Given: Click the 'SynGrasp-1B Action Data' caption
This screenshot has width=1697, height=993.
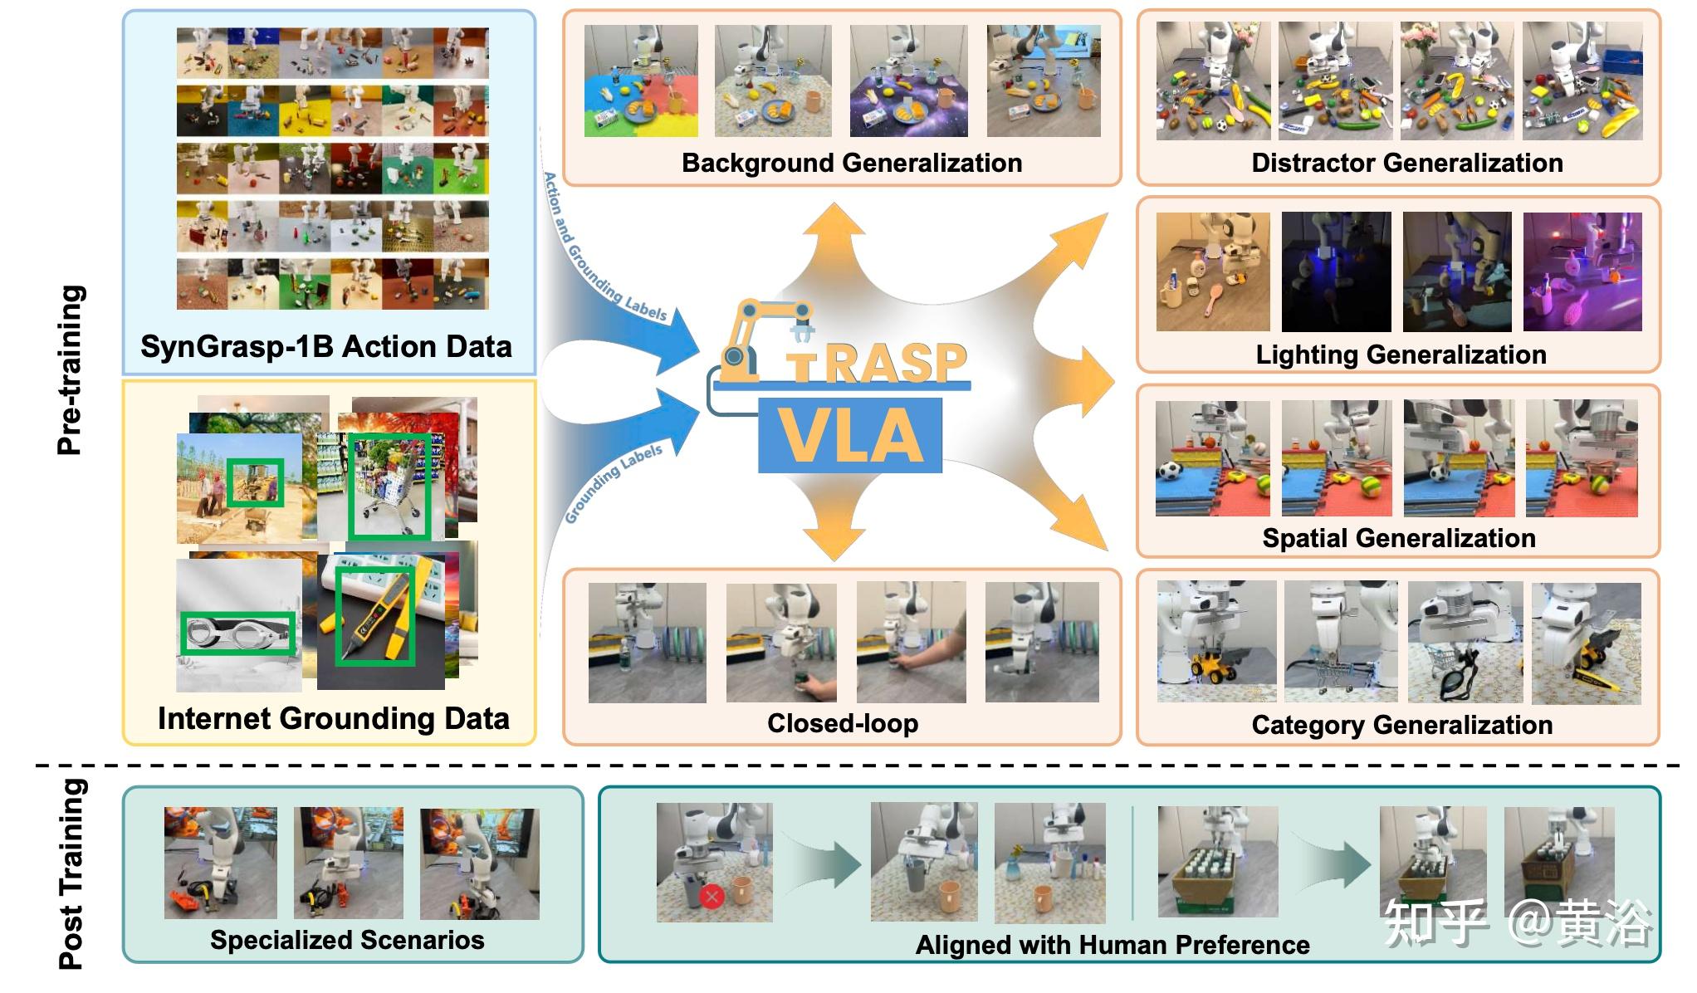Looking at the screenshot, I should [x=326, y=346].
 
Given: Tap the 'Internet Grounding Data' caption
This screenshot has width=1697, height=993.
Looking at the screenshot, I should [x=333, y=718].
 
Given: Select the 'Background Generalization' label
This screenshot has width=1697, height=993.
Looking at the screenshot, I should [x=852, y=163].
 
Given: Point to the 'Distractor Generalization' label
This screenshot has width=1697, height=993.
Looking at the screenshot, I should [x=1407, y=163].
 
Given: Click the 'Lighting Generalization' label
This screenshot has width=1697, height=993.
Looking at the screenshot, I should [x=1401, y=355].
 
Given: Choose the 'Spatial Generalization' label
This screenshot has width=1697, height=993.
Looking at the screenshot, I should [x=1399, y=538].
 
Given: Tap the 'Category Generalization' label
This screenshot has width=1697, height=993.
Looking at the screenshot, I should [x=1401, y=725].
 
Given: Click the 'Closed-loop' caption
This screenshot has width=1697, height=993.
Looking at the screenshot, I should [x=843, y=723].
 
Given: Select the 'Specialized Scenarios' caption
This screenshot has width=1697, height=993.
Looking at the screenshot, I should [x=347, y=940].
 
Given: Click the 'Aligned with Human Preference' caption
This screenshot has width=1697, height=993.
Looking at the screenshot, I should [x=1113, y=945].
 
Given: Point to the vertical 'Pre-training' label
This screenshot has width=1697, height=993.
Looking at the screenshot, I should [x=71, y=370].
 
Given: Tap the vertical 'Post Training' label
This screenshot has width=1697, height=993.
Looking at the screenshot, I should [x=71, y=873].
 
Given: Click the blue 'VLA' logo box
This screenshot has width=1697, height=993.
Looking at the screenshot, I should [x=850, y=436].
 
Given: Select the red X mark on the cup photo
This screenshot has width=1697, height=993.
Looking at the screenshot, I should [x=712, y=896].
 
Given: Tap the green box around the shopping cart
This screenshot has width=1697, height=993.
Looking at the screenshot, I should [x=390, y=487].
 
